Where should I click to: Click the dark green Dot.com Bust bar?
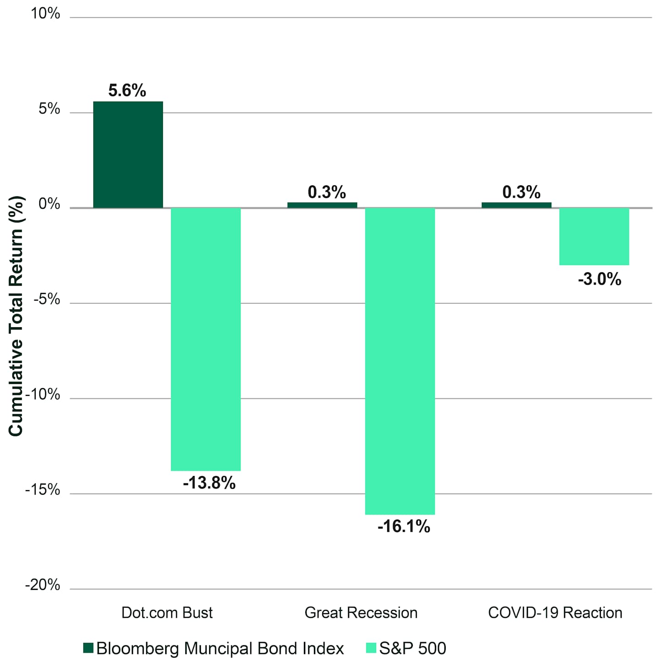pos(128,155)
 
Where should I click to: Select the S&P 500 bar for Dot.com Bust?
pos(205,339)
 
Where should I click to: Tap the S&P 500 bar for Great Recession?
pos(400,361)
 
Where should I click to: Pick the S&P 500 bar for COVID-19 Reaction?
pos(594,237)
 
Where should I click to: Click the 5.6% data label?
pos(127,91)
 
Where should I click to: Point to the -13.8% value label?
pos(209,483)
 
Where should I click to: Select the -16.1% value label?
pos(404,526)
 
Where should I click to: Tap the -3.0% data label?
pos(600,279)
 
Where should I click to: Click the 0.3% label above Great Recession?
pos(327,192)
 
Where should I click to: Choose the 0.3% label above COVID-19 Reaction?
pos(521,192)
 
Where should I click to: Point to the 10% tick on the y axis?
pos(45,14)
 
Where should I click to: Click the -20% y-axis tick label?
pos(43,585)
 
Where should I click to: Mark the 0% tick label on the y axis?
pos(49,204)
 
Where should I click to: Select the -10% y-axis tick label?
pos(43,394)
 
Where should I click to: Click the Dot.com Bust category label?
pos(167,613)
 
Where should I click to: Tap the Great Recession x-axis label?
pos(361,613)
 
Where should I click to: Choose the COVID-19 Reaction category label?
pos(555,613)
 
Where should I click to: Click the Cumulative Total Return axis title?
pos(16,316)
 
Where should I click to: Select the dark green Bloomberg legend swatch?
pos(88,648)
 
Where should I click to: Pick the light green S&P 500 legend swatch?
pos(371,648)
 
